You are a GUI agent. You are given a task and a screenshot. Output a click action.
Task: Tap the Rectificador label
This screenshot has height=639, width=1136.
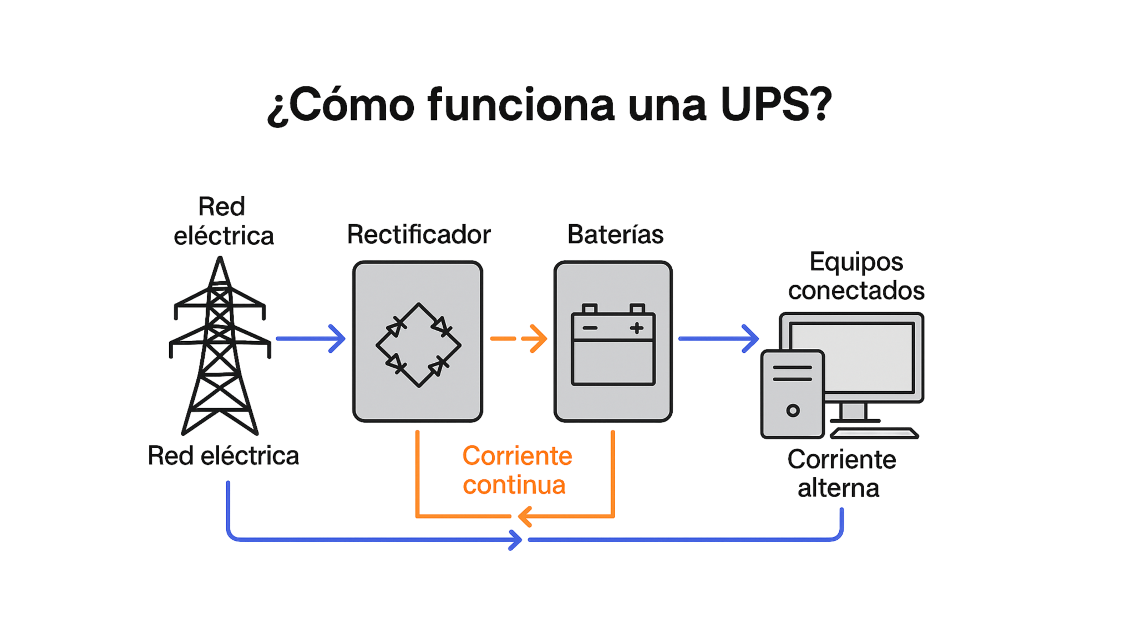coord(418,235)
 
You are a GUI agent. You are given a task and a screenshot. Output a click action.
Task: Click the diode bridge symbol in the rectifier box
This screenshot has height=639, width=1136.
coord(418,344)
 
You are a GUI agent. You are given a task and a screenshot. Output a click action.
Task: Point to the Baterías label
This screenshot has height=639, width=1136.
coord(616,235)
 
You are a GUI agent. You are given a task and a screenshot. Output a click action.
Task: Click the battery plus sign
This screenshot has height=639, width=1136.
coord(637,328)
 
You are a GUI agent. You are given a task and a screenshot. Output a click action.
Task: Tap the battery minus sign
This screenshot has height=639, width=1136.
coord(590,328)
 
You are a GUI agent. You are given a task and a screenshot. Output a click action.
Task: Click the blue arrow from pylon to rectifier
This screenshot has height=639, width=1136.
coord(311,338)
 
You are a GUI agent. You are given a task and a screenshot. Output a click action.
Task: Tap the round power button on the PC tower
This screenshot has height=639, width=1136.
coord(793,411)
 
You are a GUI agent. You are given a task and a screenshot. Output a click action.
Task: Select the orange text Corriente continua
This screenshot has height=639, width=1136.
coord(516,470)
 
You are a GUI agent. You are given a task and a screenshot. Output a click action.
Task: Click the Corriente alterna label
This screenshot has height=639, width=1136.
coord(840,474)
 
